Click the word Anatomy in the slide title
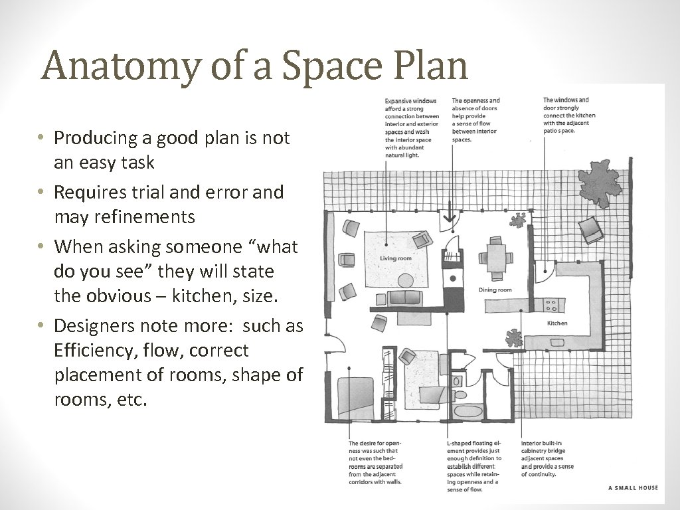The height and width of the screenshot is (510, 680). [x=122, y=66]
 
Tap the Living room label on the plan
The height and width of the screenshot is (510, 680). [x=396, y=258]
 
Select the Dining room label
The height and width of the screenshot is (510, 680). [x=495, y=290]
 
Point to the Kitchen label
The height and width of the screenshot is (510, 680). [x=557, y=323]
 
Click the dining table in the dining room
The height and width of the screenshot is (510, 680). [x=495, y=258]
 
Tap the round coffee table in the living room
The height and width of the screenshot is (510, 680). [x=406, y=281]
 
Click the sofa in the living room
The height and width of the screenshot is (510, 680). [x=405, y=298]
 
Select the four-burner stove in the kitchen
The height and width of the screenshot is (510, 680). [x=551, y=305]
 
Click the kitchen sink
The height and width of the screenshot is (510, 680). [x=557, y=343]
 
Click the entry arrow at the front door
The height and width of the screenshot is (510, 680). [x=449, y=212]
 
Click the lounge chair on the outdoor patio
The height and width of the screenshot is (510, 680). [x=590, y=230]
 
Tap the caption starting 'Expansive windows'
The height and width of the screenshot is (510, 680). [x=412, y=128]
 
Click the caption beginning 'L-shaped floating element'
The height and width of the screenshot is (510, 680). [x=474, y=466]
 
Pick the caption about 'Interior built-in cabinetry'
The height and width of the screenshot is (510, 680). [x=547, y=459]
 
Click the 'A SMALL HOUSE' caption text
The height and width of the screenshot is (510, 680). [x=633, y=488]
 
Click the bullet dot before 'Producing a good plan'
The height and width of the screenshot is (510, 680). [x=41, y=137]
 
